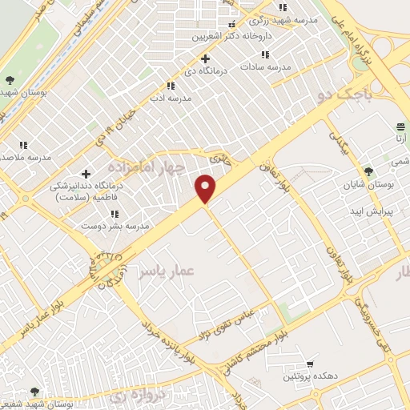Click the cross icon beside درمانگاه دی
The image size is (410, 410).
pyautogui.click(x=206, y=58)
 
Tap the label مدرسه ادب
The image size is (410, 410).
pyautogui.click(x=170, y=98)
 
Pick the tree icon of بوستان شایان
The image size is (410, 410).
pyautogui.click(x=368, y=171)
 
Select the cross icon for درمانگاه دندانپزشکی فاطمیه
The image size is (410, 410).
pyautogui.click(x=86, y=174)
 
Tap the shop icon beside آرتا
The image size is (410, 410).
pyautogui.click(x=400, y=127)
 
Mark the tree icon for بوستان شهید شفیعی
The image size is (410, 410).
pyautogui.click(x=34, y=392)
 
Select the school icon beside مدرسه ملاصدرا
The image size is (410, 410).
pyautogui.click(x=23, y=145)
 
